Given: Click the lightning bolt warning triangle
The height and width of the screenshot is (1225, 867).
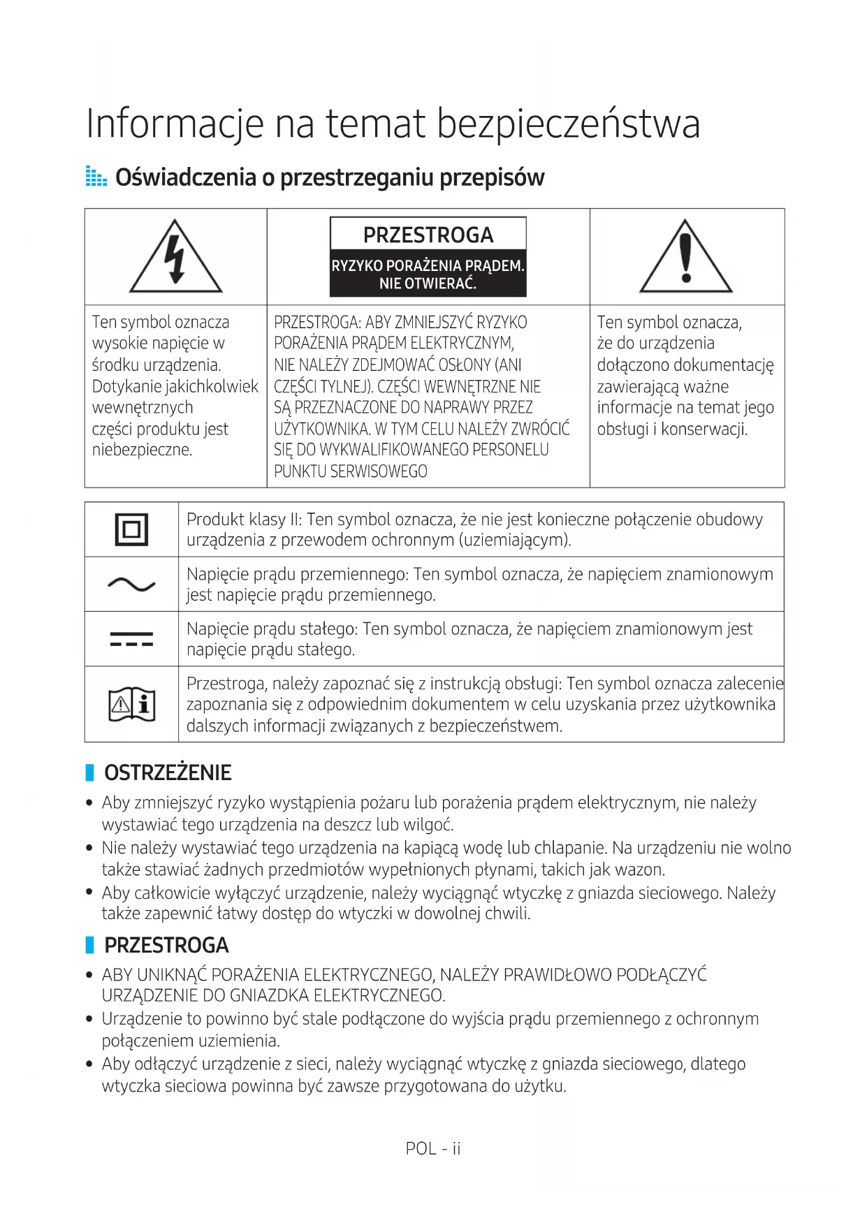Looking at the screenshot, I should pyautogui.click(x=175, y=257).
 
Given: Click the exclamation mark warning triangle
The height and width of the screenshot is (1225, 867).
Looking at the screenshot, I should pyautogui.click(x=685, y=257).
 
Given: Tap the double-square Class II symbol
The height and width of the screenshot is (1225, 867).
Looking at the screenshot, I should pyautogui.click(x=131, y=529).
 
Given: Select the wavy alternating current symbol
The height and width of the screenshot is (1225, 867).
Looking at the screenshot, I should pyautogui.click(x=131, y=584).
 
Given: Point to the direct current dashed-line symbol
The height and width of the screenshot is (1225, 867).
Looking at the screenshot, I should pyautogui.click(x=131, y=639).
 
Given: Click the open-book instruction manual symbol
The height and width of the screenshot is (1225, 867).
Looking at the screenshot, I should pyautogui.click(x=131, y=704).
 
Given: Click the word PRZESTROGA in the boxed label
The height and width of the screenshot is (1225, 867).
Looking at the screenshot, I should pyautogui.click(x=428, y=235).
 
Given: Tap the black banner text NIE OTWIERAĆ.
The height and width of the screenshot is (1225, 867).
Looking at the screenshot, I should pyautogui.click(x=428, y=284).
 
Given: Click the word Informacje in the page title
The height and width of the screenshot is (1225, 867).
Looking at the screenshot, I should pyautogui.click(x=175, y=124).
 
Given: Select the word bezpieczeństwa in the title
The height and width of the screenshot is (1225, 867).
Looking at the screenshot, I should pyautogui.click(x=569, y=124).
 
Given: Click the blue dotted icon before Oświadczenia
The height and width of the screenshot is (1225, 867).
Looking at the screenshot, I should pyautogui.click(x=96, y=177).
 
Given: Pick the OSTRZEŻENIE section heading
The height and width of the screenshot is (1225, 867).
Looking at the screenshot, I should pyautogui.click(x=168, y=772).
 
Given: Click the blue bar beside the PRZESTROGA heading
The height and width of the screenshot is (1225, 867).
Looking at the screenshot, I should pyautogui.click(x=89, y=945).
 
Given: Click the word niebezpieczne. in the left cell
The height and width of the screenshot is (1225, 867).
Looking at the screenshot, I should pyautogui.click(x=142, y=450).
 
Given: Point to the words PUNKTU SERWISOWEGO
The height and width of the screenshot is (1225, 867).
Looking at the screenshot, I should pyautogui.click(x=351, y=471).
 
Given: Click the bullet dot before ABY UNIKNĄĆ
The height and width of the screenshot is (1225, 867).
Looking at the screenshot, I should pyautogui.click(x=89, y=975).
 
